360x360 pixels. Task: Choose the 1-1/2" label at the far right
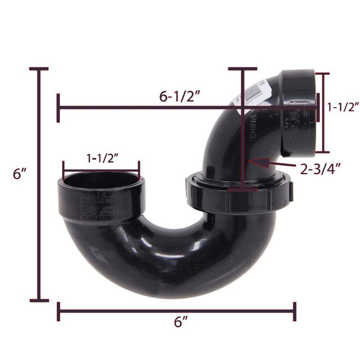pos(343,107)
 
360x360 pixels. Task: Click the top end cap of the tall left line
pos(39,69)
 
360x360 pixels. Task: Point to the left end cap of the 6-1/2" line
pos(58,108)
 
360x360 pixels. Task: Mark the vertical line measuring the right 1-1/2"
pos(323,112)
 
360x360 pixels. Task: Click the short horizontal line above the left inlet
pos(101,169)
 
